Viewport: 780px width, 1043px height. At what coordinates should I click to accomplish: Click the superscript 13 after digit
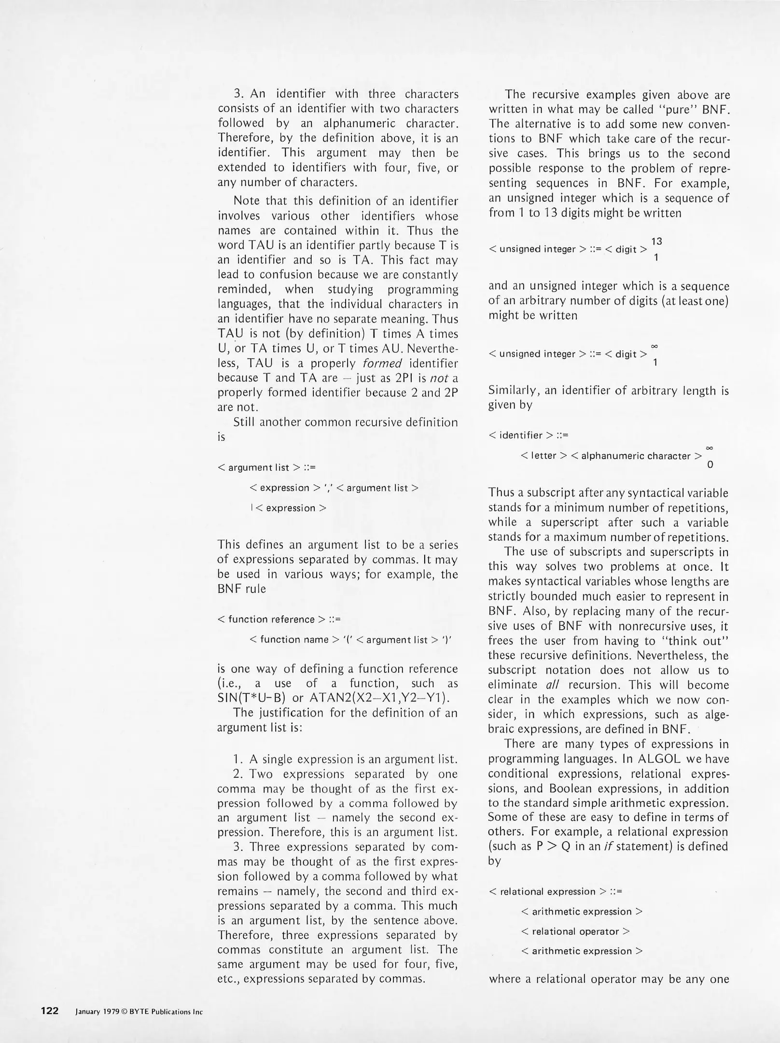point(656,241)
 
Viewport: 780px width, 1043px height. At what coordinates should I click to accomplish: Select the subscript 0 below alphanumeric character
point(710,465)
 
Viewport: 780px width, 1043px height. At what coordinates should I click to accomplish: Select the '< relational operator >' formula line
point(576,931)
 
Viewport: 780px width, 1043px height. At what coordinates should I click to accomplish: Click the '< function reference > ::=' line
point(279,619)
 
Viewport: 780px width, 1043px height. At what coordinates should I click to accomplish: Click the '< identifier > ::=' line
point(529,435)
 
